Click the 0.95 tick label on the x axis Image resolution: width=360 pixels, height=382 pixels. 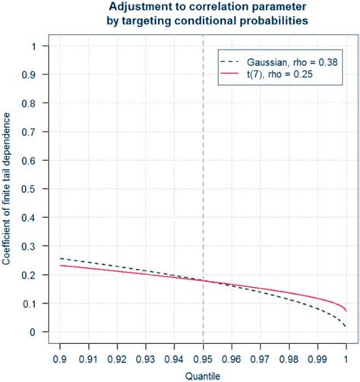point(203,355)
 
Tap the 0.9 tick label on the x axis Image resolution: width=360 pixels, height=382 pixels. point(61,355)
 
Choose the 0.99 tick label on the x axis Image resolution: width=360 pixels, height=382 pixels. point(317,355)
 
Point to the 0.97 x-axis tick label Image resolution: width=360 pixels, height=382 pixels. point(260,355)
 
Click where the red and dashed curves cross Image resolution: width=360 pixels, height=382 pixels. point(203,281)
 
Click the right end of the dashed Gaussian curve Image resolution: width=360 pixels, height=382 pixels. point(346,327)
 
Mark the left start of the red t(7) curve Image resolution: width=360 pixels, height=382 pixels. point(61,265)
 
